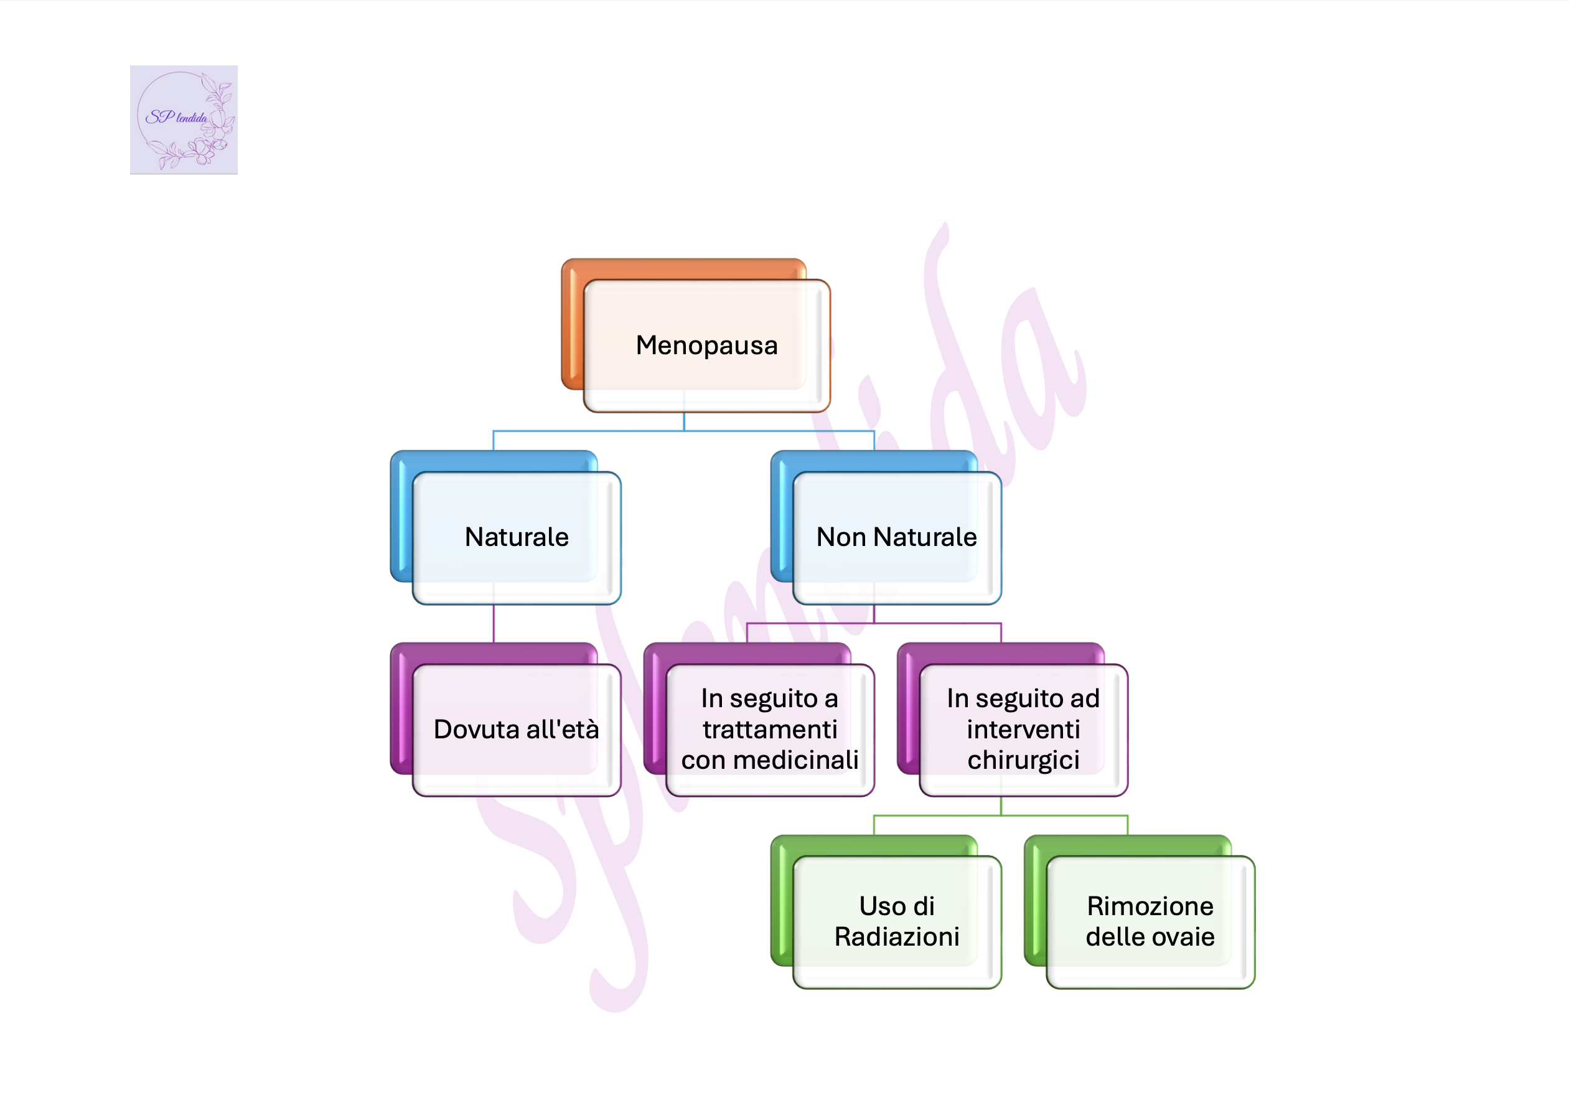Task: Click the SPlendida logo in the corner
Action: click(x=183, y=120)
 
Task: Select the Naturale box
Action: click(x=516, y=537)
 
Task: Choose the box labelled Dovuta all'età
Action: click(x=516, y=729)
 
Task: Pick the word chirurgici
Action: click(x=1023, y=761)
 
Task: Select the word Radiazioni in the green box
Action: click(x=897, y=937)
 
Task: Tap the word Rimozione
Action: click(x=1150, y=906)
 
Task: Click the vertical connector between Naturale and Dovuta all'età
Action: click(x=494, y=623)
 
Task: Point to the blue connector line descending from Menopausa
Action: click(x=684, y=421)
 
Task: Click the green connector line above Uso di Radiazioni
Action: click(x=874, y=824)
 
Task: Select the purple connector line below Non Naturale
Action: click(x=874, y=614)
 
